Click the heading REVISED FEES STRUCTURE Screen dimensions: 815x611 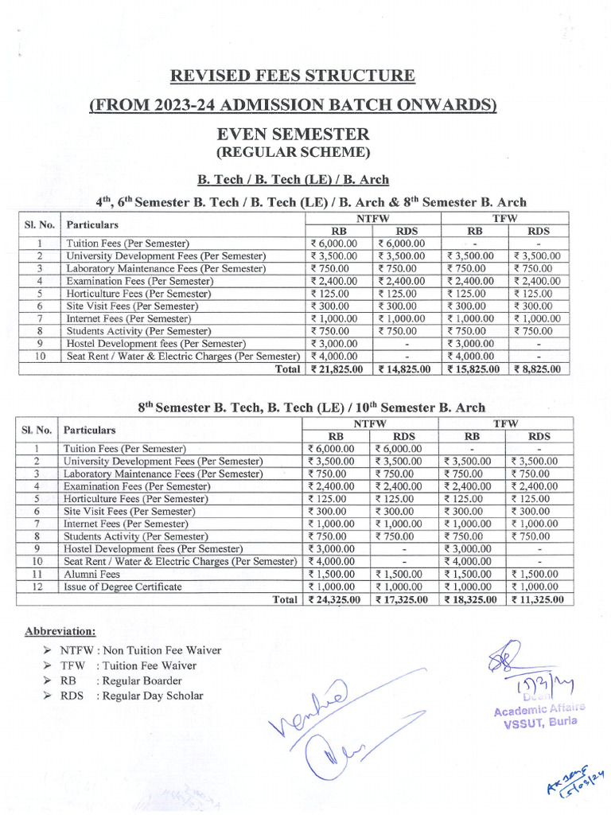point(293,76)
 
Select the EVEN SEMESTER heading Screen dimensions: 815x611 point(293,134)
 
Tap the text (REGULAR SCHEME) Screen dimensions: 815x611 point(293,151)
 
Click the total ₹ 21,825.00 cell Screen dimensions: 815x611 point(336,369)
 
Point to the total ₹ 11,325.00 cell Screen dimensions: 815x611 point(537,600)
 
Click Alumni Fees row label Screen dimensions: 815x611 point(92,574)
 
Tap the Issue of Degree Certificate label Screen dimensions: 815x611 point(123,587)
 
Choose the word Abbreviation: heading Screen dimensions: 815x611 point(60,631)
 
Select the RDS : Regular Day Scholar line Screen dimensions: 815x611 point(131,696)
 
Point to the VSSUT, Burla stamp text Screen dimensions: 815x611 point(539,722)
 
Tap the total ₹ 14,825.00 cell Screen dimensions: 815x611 point(403,369)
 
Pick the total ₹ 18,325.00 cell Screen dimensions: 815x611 point(471,600)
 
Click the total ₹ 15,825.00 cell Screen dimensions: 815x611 point(473,369)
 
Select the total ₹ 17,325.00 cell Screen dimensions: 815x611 point(402,600)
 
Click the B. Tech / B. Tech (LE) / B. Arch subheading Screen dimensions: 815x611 point(293,179)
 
